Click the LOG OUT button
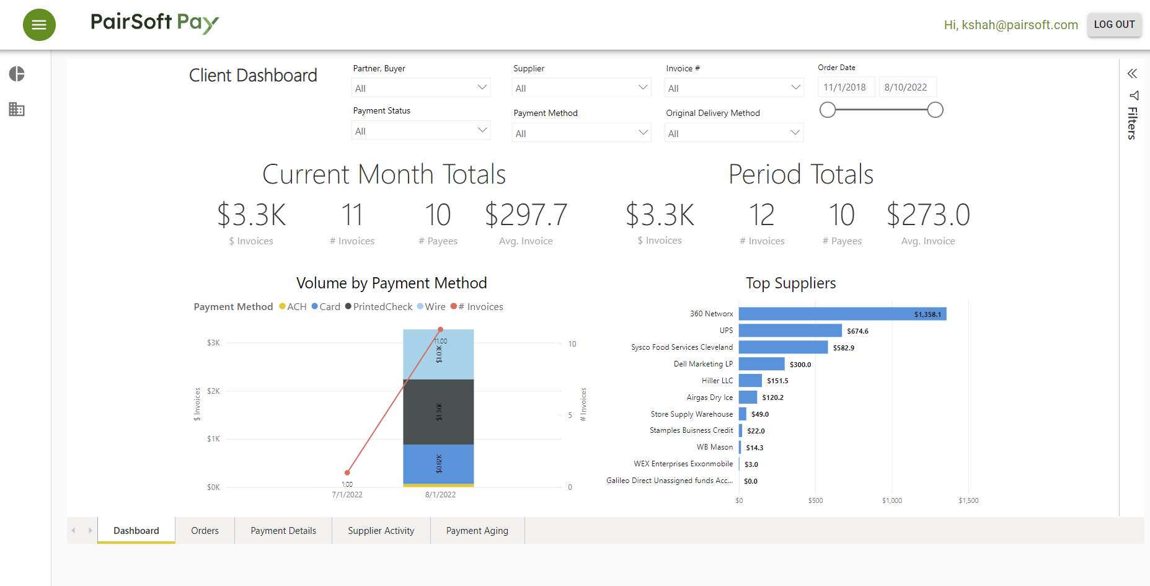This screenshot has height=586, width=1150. pyautogui.click(x=1114, y=25)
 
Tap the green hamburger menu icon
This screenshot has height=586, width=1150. pyautogui.click(x=39, y=25)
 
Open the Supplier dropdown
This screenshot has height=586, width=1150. pyautogui.click(x=581, y=88)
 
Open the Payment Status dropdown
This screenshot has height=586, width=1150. pyautogui.click(x=420, y=131)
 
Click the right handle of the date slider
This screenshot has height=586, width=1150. pyautogui.click(x=935, y=110)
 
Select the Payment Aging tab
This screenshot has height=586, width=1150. pyautogui.click(x=477, y=531)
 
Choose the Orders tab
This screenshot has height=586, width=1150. pyautogui.click(x=205, y=531)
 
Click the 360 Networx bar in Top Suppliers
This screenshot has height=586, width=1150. pyautogui.click(x=842, y=314)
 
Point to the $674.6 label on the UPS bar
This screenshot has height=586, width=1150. pyautogui.click(x=857, y=331)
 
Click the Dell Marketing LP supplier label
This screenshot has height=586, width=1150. pyautogui.click(x=703, y=364)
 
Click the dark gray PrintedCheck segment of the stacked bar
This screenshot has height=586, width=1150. pyautogui.click(x=438, y=412)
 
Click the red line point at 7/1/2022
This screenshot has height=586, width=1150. pyautogui.click(x=347, y=473)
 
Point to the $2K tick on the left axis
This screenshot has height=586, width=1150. pyautogui.click(x=213, y=391)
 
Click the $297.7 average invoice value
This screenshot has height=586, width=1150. pyautogui.click(x=526, y=215)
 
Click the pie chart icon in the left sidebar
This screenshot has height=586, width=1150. pyautogui.click(x=17, y=74)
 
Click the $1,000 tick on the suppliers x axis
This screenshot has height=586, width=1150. pyautogui.click(x=891, y=500)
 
